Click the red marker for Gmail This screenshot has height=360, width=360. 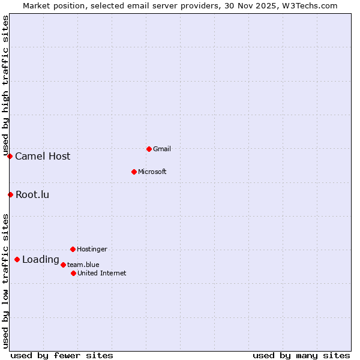[x=149, y=149]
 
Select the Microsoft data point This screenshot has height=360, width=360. [x=134, y=172]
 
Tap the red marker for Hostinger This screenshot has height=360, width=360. [x=73, y=249]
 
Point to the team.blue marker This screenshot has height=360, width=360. [x=63, y=265]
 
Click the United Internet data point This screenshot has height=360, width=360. [x=73, y=273]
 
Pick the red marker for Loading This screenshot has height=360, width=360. [x=17, y=260]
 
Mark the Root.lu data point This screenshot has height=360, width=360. [x=10, y=194]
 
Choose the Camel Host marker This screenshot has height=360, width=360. [x=10, y=157]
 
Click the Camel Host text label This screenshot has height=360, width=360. [x=43, y=157]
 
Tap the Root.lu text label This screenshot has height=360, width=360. [x=32, y=194]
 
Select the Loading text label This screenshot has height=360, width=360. [x=41, y=260]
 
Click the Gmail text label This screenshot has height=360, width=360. [x=162, y=149]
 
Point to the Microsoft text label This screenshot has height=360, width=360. [x=152, y=172]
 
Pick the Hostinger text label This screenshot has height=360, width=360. [x=92, y=249]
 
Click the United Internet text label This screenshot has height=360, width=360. [x=102, y=273]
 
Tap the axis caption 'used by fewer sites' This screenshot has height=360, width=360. [x=62, y=355]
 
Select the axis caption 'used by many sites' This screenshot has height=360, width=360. [x=301, y=355]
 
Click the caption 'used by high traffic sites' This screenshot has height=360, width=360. [x=6, y=85]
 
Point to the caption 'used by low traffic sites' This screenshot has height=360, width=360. [x=6, y=281]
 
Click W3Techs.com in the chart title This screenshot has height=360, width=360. [x=310, y=6]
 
